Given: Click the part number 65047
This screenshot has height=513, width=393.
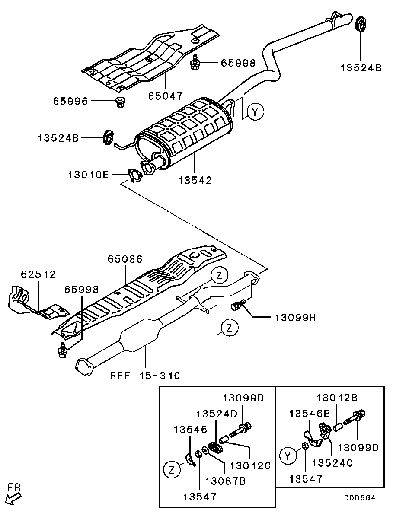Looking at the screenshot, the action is (x=165, y=96).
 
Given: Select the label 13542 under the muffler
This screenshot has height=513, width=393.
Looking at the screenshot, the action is (x=195, y=180).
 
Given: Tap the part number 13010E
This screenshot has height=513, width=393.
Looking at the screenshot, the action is (x=88, y=175).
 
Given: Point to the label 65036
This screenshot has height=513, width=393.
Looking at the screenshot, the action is (x=125, y=259).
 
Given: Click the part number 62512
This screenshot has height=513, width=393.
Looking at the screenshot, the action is (x=38, y=274).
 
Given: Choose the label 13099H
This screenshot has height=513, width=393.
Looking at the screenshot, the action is (x=295, y=317).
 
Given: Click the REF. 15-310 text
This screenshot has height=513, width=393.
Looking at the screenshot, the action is (x=145, y=376).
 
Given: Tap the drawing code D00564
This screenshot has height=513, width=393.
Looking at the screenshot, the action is (x=359, y=497).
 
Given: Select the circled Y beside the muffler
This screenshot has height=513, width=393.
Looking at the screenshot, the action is (x=256, y=112).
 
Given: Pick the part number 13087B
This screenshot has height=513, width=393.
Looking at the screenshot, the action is (x=225, y=481).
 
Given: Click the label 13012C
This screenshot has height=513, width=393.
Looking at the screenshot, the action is (x=251, y=465).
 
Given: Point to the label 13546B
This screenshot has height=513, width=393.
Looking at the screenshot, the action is (x=310, y=414).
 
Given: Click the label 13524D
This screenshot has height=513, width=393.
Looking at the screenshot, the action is (x=217, y=414).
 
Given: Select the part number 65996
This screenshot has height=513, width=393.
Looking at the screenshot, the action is (x=70, y=102).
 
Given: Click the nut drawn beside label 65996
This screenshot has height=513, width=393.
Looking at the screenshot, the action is (x=121, y=102).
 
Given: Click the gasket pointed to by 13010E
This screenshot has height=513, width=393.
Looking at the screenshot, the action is (x=134, y=175).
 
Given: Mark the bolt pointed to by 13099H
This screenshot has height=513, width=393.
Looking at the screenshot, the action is (x=237, y=305).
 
